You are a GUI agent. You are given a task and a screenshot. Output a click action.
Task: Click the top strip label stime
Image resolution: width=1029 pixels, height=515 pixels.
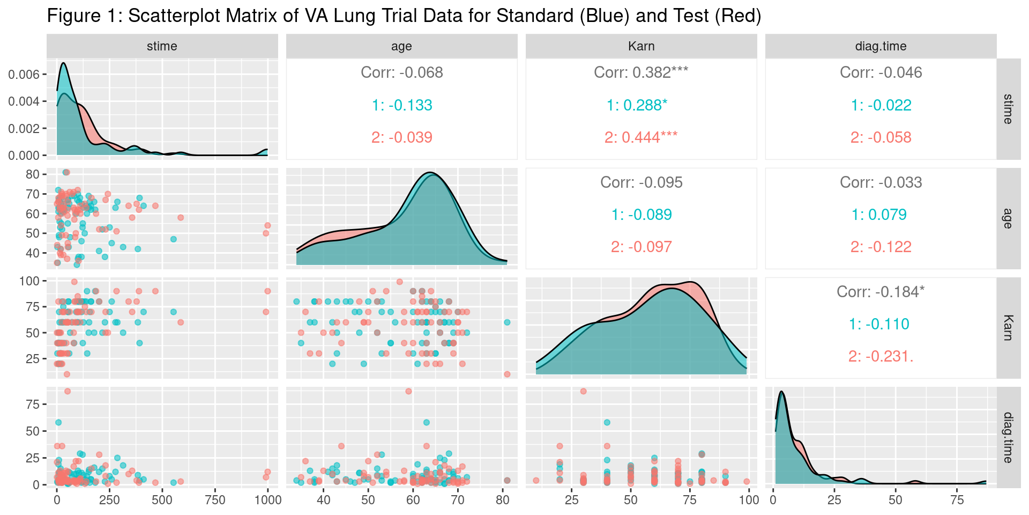[162, 46]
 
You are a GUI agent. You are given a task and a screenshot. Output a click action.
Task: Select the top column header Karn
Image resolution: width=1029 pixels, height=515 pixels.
[641, 46]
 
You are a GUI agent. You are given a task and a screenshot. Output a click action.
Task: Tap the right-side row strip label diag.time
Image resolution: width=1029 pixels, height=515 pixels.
[1008, 437]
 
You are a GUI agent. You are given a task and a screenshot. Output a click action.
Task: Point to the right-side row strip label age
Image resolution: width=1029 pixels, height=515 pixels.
[1008, 218]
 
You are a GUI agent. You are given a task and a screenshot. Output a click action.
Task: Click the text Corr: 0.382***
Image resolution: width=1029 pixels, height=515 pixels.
[641, 72]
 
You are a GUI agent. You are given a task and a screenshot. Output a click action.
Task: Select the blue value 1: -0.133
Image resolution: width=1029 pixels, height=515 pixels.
[402, 105]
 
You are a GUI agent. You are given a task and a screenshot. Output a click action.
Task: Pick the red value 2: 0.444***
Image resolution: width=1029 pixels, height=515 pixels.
[641, 137]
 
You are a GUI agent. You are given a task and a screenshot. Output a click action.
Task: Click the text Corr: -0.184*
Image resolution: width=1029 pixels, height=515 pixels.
[881, 292]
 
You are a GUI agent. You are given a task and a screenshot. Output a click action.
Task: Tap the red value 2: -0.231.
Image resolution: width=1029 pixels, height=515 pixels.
[881, 356]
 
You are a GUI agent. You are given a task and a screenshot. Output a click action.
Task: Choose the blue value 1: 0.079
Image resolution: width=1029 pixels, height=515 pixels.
[879, 215]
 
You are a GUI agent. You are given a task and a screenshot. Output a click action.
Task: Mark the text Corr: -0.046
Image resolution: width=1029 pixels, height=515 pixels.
[881, 72]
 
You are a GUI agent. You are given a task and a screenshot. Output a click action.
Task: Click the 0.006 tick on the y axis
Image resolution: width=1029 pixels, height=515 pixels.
[24, 75]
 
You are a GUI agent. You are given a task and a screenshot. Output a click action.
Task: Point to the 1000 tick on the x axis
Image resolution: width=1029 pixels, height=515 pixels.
[268, 500]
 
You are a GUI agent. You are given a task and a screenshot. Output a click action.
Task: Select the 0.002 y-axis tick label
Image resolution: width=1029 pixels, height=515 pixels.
[24, 129]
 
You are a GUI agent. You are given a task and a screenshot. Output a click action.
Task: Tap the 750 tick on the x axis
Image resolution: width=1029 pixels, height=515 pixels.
[215, 500]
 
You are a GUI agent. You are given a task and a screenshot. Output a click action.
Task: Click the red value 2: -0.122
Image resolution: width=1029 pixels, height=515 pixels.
[881, 247]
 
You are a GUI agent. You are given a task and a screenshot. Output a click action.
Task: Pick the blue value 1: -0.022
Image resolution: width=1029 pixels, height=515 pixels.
[881, 105]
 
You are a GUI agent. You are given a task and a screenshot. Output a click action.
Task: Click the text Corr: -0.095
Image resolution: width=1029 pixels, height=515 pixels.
[641, 182]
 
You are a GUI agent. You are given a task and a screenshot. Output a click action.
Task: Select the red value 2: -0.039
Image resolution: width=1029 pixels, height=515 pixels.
[402, 137]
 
